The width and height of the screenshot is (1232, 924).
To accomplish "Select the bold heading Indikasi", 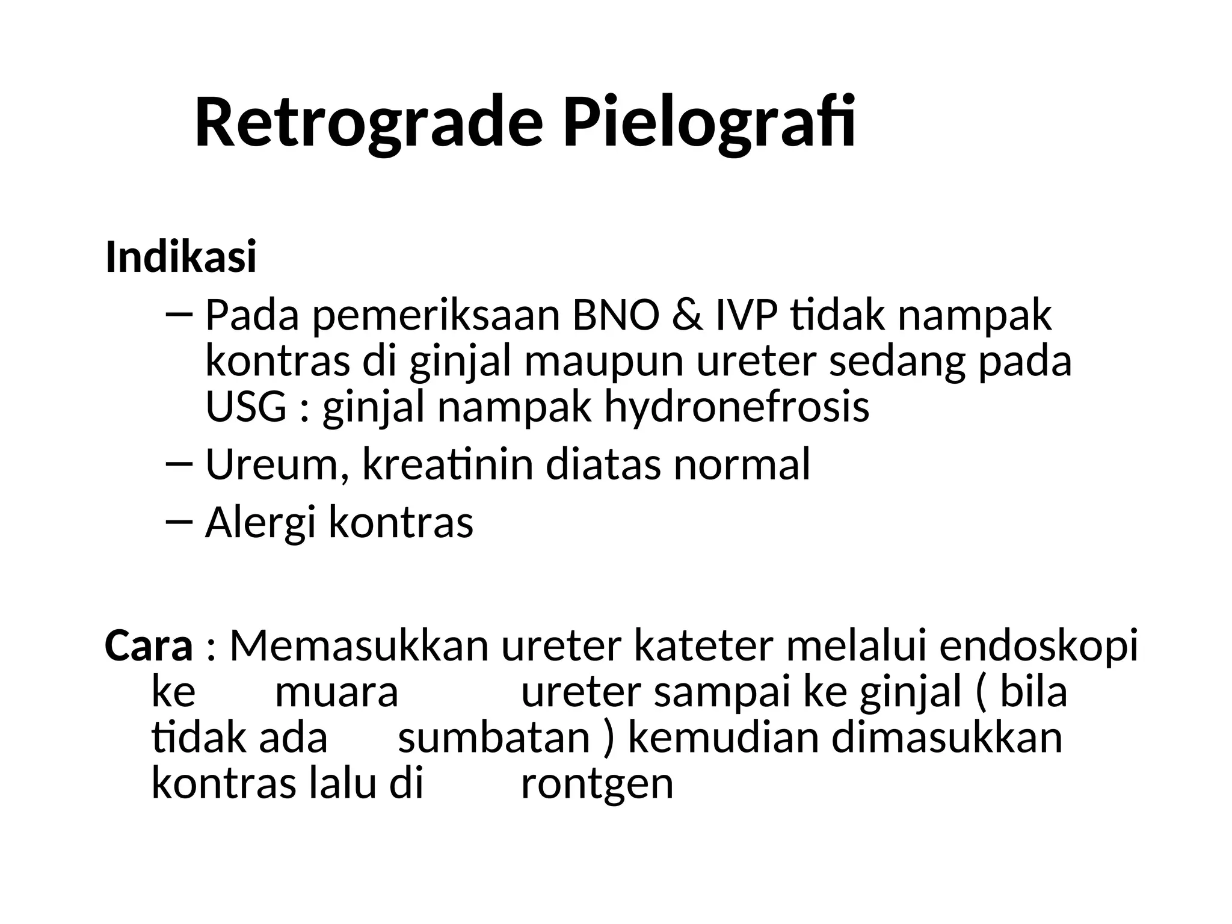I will click(181, 257).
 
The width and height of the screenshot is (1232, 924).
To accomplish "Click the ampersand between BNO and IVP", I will click(687, 315).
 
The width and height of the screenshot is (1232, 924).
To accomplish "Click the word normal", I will click(741, 465).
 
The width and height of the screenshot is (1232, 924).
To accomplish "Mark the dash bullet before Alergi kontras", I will click(179, 522).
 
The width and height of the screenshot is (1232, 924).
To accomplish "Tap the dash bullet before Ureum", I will click(179, 463).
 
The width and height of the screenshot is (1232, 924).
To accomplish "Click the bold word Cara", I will click(149, 645).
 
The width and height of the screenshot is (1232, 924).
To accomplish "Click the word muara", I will click(336, 692).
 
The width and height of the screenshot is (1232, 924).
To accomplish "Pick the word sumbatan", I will click(493, 738).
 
